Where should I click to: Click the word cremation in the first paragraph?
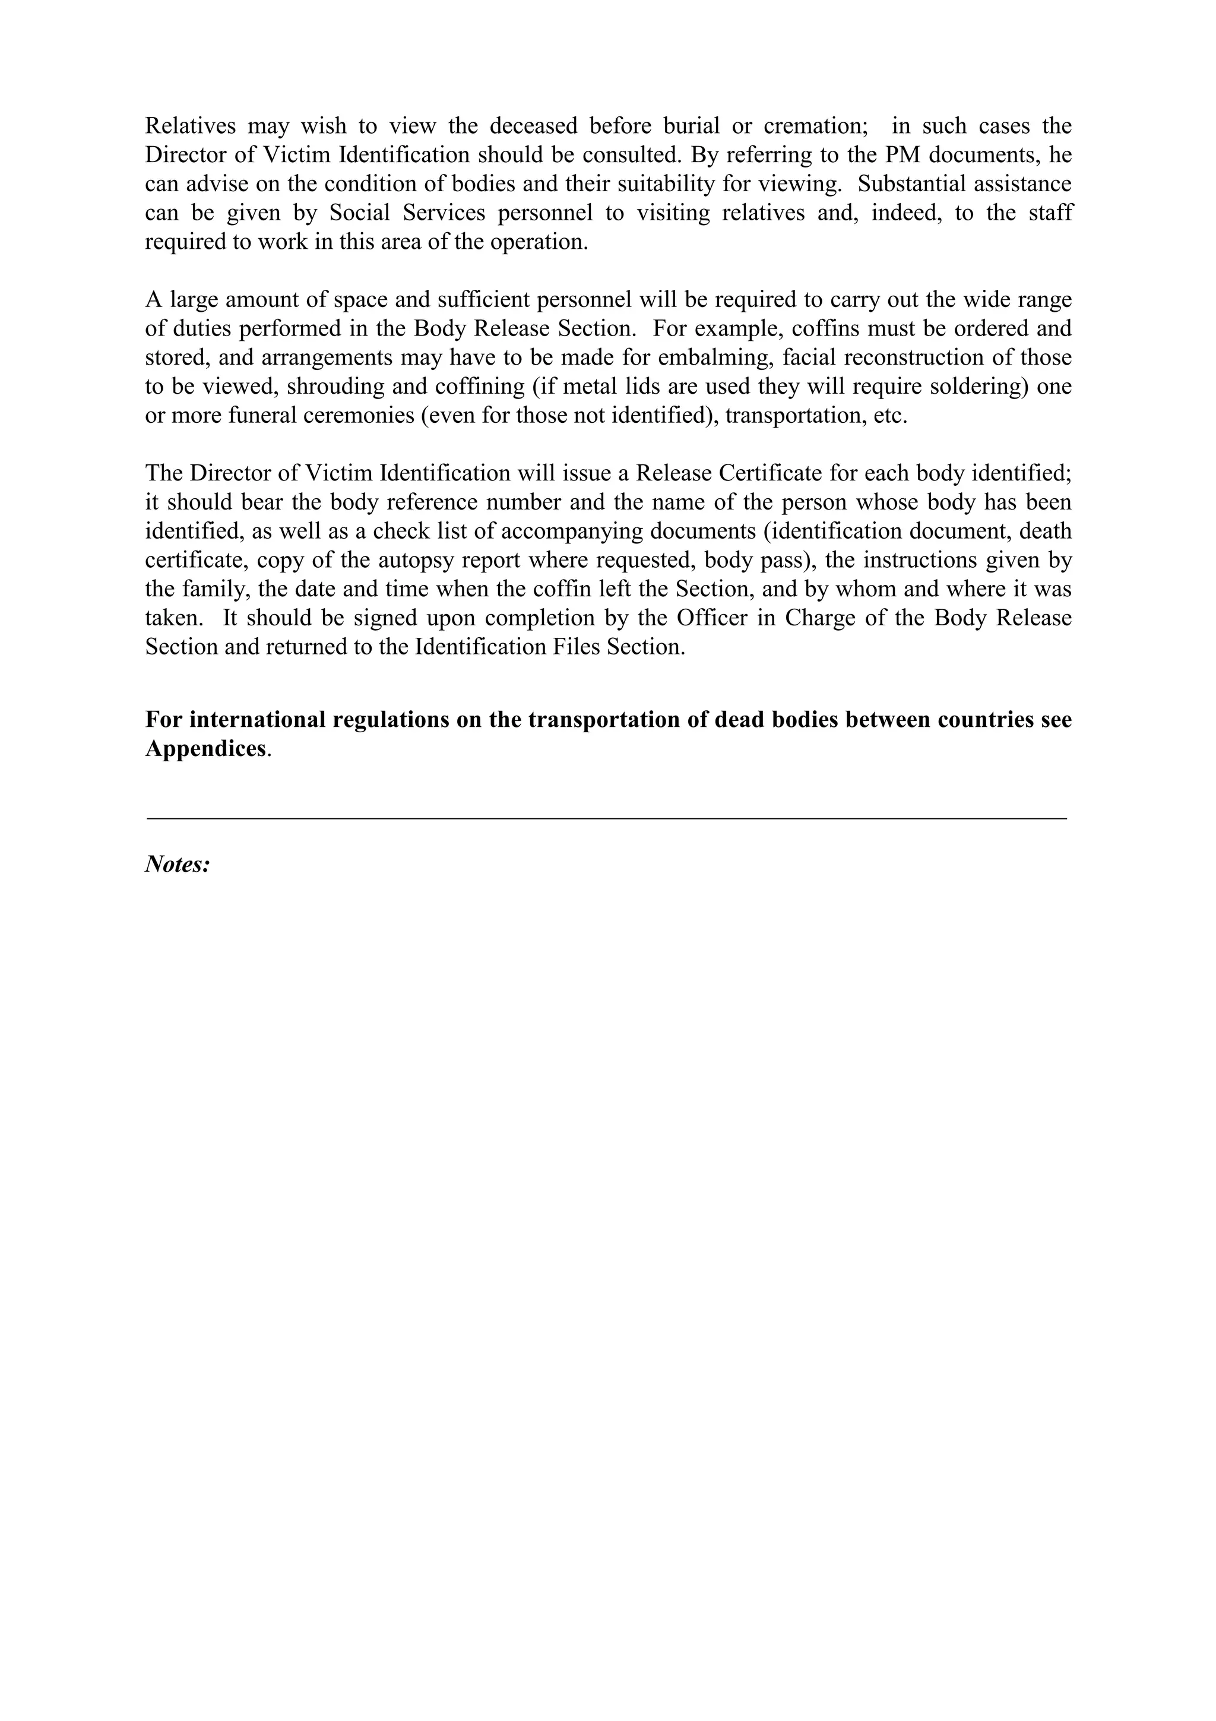[815, 125]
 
